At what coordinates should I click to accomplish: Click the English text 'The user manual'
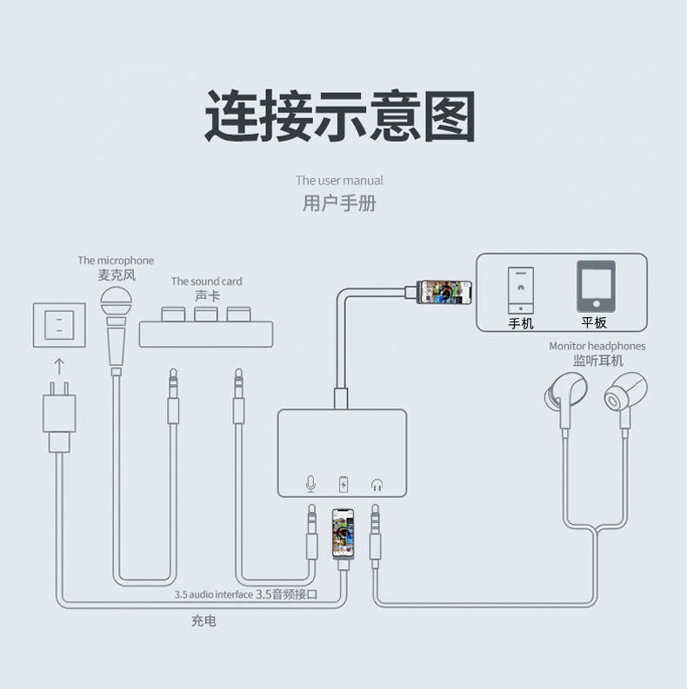339,181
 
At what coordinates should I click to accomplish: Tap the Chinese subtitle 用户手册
339,204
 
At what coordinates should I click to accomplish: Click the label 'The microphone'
116,260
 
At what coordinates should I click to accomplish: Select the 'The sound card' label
206,281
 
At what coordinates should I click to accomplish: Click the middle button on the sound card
206,313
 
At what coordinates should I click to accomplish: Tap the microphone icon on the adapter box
311,484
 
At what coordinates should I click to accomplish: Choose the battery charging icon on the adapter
343,484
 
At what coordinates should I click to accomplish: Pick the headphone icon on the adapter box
377,484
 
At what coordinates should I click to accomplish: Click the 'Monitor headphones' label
597,346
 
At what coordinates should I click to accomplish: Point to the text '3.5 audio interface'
213,595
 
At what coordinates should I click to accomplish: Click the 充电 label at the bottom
203,621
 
